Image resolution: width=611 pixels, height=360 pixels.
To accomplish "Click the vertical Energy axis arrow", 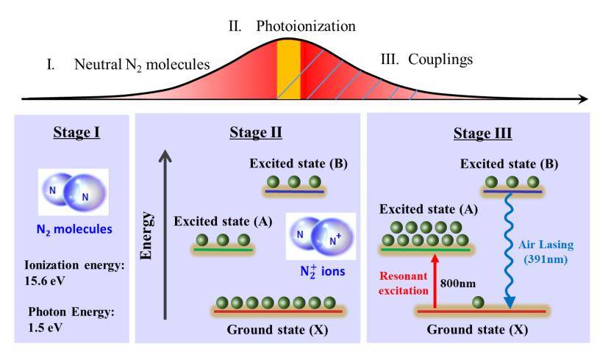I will point(166,235).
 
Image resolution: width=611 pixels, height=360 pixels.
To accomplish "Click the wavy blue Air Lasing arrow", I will point(508,250).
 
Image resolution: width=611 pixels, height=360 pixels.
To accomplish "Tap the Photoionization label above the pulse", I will point(306,26).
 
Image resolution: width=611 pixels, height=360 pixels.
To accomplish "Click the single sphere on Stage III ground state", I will point(479,302).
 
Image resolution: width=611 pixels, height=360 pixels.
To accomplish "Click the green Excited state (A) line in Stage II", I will point(224,249).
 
